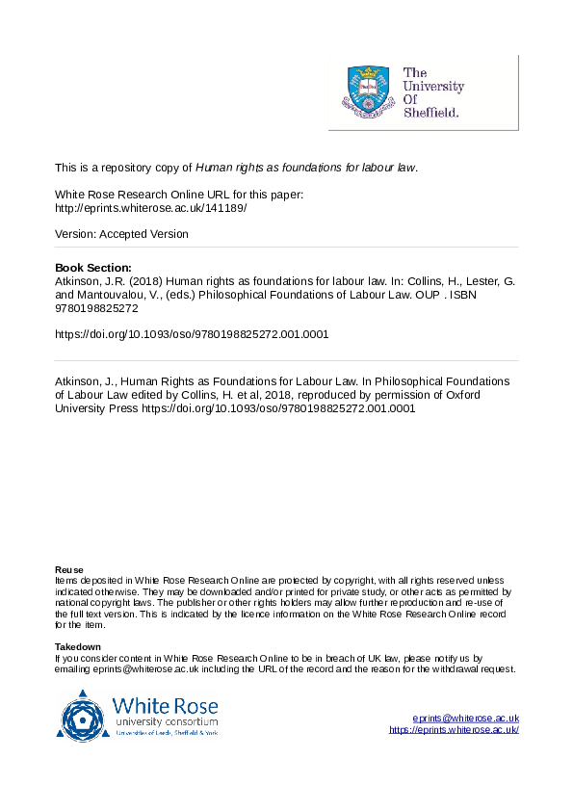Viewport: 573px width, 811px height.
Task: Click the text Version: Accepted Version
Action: point(121,234)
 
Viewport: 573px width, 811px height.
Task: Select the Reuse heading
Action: point(68,569)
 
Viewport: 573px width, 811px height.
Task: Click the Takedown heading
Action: point(78,646)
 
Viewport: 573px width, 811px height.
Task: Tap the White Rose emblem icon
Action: point(83,714)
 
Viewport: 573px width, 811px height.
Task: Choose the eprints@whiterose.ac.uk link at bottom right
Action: point(465,719)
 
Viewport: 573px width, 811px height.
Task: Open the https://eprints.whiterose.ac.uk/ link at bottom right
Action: point(454,730)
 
